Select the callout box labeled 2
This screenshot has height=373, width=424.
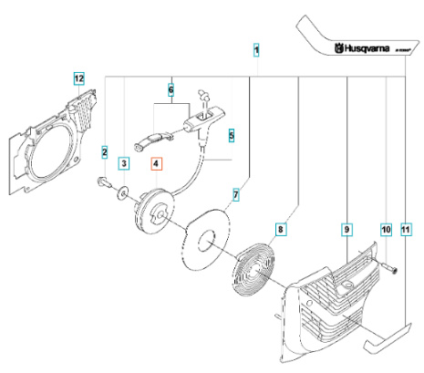(x=105, y=151)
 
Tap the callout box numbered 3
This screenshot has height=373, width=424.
(x=125, y=163)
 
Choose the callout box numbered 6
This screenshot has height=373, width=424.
(x=171, y=90)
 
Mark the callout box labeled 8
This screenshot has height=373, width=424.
(x=281, y=231)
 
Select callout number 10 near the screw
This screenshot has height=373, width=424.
(x=386, y=231)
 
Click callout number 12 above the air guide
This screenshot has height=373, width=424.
(x=79, y=79)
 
